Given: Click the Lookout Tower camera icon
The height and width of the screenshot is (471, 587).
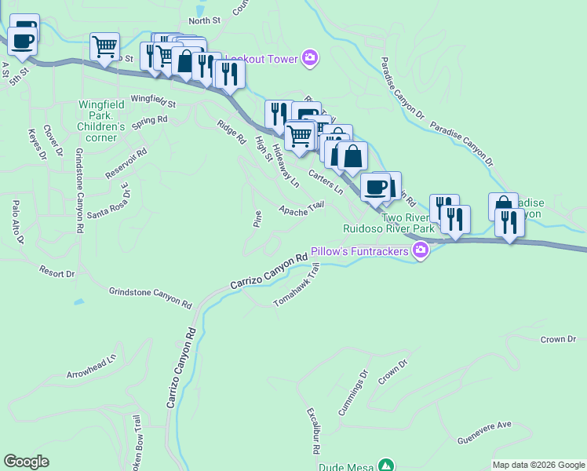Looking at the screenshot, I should tap(311, 58).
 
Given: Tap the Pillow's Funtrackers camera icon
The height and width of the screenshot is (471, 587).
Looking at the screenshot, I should tap(421, 251).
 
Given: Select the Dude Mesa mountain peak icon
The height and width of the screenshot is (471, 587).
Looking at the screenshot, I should tap(385, 465).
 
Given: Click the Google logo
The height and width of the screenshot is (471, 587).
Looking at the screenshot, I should tap(26, 462).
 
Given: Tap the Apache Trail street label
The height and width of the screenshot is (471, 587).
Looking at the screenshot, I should tap(302, 208).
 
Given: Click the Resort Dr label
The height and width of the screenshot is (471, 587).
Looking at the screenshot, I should tap(57, 272).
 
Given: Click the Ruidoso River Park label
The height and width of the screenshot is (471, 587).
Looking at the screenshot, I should tap(388, 228).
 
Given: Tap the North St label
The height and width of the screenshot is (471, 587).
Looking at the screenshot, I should tap(205, 21).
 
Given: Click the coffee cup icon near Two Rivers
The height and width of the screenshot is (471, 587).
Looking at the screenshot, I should tap(375, 188).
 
